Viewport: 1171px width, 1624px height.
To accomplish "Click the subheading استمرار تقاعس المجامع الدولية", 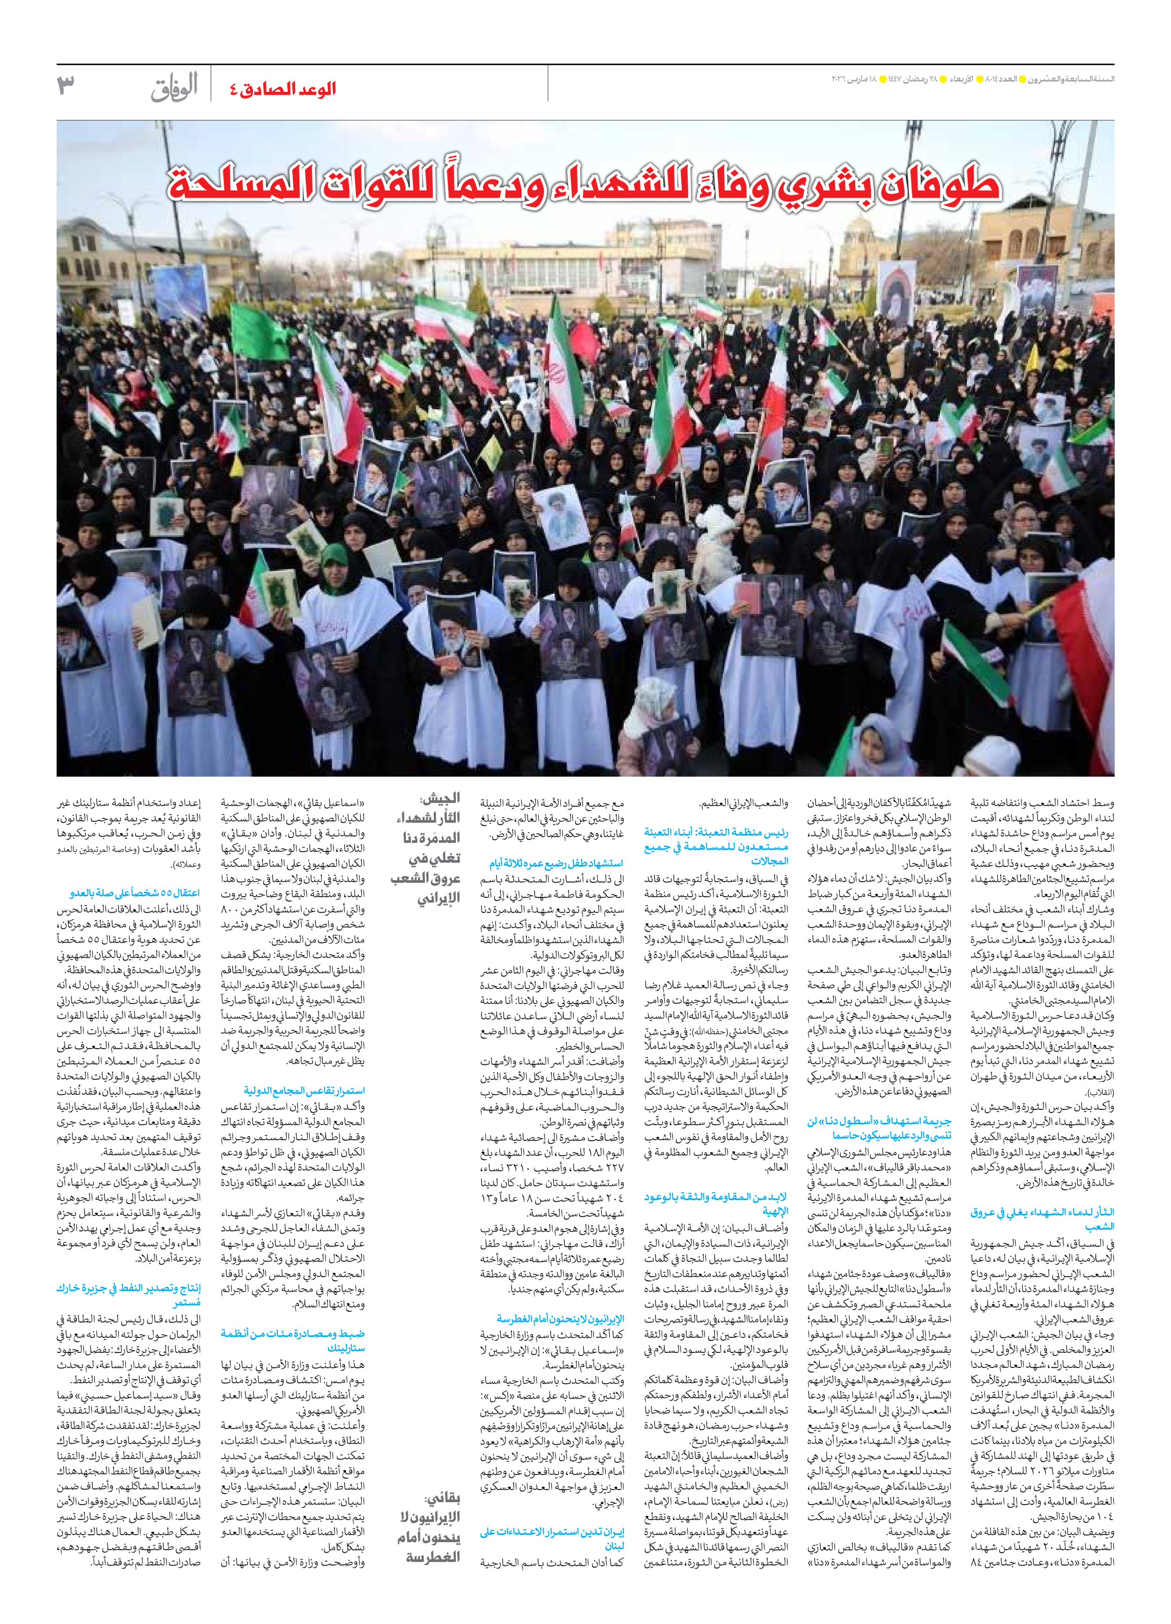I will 304,1091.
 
